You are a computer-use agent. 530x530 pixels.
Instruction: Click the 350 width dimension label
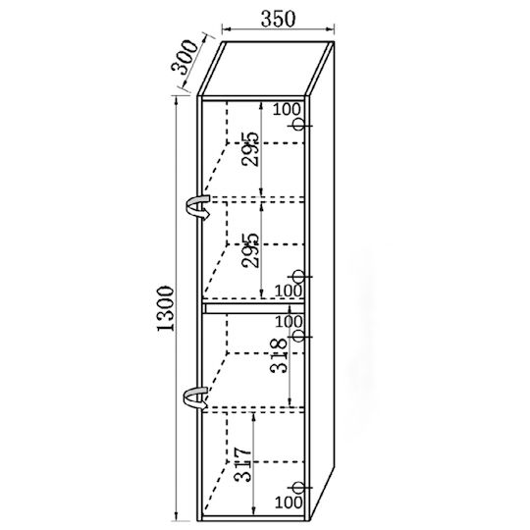[x=278, y=19]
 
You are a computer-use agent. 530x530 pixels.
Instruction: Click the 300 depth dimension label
[x=185, y=57]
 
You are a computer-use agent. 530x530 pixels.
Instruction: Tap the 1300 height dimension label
[x=166, y=308]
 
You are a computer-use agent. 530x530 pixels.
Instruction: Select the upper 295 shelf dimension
[x=250, y=149]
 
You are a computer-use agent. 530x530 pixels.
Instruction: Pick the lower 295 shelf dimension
[x=250, y=250]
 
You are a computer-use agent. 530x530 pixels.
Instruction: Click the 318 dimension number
[x=279, y=355]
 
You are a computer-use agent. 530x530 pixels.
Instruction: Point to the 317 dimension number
[x=242, y=465]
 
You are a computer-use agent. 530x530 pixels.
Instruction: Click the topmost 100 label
[x=287, y=109]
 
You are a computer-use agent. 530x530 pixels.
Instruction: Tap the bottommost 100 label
[x=289, y=503]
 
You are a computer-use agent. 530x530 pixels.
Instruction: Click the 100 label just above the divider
[x=289, y=291]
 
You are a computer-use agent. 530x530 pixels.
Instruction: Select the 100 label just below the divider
[x=289, y=322]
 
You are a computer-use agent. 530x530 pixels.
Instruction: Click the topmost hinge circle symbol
[x=298, y=125]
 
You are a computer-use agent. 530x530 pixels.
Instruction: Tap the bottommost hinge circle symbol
[x=298, y=488]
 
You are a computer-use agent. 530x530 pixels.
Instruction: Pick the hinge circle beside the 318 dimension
[x=298, y=336]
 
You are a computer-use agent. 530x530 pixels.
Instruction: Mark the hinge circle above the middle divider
[x=298, y=276]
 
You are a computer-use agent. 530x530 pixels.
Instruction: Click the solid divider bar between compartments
[x=254, y=308]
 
